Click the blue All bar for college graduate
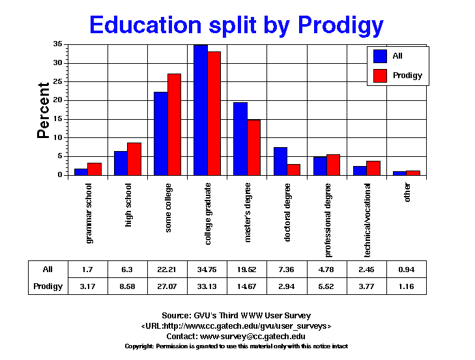200,110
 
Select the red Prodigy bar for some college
174,124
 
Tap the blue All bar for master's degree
240,139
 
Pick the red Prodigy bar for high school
134,159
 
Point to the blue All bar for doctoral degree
280,161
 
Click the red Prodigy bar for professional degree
333,165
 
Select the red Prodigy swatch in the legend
381,76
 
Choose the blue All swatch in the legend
381,57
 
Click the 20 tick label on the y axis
58,100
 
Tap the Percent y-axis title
43,110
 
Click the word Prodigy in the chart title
340,25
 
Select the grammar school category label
89,213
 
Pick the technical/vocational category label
367,213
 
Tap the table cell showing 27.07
168,286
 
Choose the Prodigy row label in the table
48,286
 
